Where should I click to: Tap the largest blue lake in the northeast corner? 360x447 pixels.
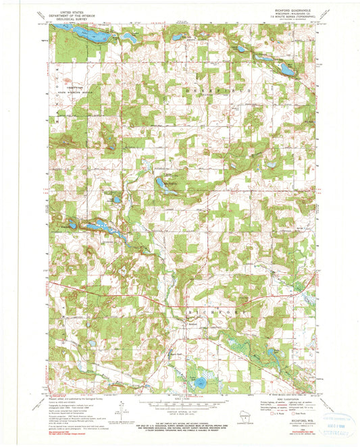click(286, 69)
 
